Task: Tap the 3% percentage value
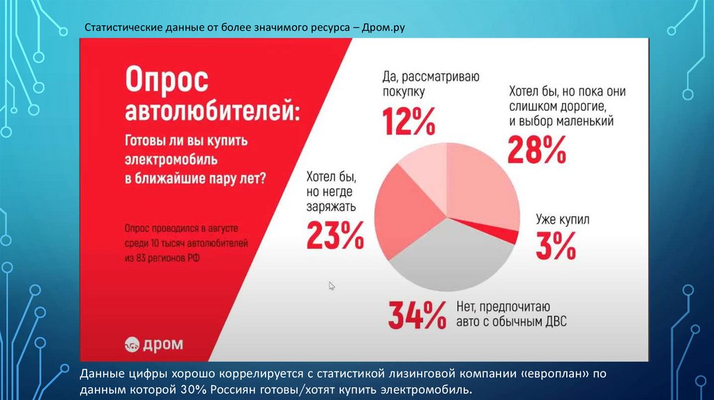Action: point(556,245)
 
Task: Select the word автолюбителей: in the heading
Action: point(211,112)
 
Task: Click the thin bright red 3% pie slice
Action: point(503,233)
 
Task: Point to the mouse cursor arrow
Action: point(332,285)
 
